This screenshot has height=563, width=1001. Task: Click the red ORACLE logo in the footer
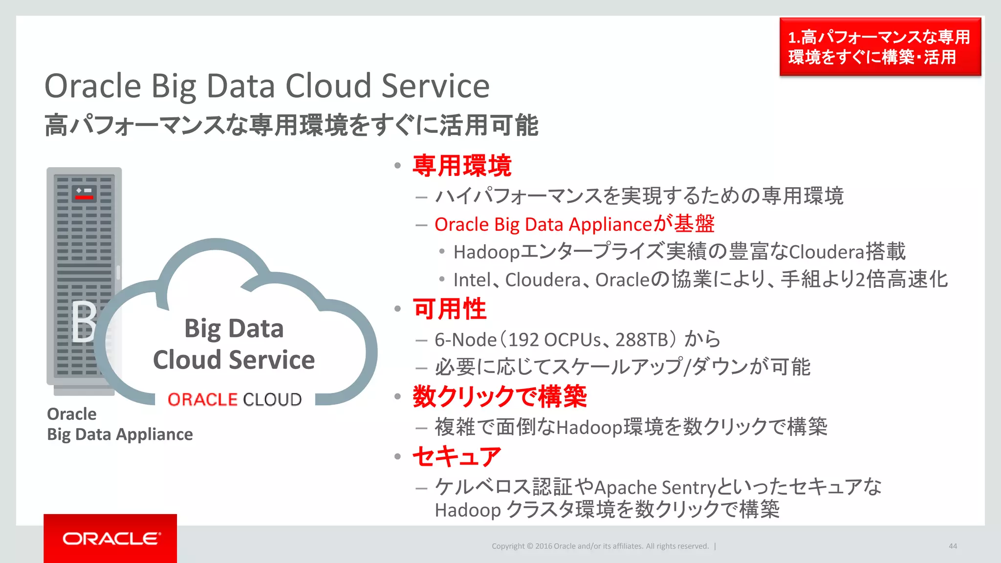[x=110, y=539]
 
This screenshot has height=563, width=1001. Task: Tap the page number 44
[x=953, y=546]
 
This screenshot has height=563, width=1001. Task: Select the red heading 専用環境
[x=462, y=166]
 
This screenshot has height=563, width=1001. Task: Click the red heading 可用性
[x=450, y=309]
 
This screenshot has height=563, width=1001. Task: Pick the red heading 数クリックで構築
[x=500, y=396]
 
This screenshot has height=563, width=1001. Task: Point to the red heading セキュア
[x=457, y=456]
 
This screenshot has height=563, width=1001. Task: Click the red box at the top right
[x=880, y=47]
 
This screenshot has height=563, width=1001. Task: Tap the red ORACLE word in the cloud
[x=202, y=400]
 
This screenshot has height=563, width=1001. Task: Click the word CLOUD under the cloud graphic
[x=272, y=400]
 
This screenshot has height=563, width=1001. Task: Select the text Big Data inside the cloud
[x=234, y=328]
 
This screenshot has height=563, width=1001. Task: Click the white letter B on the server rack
[x=84, y=321]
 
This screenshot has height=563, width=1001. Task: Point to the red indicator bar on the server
[x=84, y=197]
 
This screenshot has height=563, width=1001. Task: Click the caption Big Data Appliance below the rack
[x=120, y=434]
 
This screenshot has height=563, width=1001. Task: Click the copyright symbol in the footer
[x=530, y=546]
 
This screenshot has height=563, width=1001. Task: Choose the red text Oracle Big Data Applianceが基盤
[x=574, y=224]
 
